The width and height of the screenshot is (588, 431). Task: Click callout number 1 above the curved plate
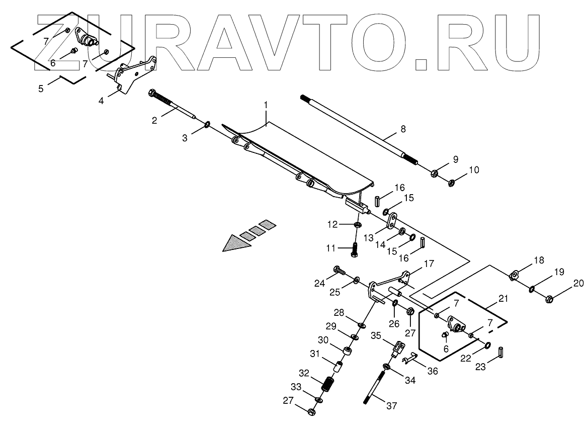(x=266, y=105)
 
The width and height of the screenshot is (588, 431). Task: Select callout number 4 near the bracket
(x=101, y=101)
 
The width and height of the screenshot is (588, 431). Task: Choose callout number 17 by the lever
(x=428, y=264)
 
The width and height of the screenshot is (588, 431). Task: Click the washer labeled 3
(x=207, y=124)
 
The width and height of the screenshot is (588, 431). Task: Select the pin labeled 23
(x=500, y=352)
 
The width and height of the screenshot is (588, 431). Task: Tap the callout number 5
(x=41, y=89)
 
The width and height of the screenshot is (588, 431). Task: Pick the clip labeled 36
(x=409, y=358)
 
